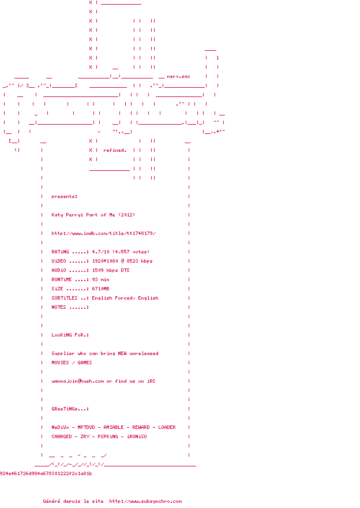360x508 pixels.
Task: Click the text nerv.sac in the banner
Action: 178,76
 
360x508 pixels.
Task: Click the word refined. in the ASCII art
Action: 115,150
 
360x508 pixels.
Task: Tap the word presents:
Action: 65,196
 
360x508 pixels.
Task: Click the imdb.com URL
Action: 104,233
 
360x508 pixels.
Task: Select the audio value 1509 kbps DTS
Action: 111,270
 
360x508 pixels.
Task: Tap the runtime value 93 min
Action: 100,279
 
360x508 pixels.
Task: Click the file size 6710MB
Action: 100,289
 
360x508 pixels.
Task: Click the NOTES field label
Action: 59,307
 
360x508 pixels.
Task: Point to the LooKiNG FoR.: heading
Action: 70,335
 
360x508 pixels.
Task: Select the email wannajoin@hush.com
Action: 78,381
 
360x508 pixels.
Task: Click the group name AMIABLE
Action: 115,427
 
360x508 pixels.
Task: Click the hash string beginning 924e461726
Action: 46,473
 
